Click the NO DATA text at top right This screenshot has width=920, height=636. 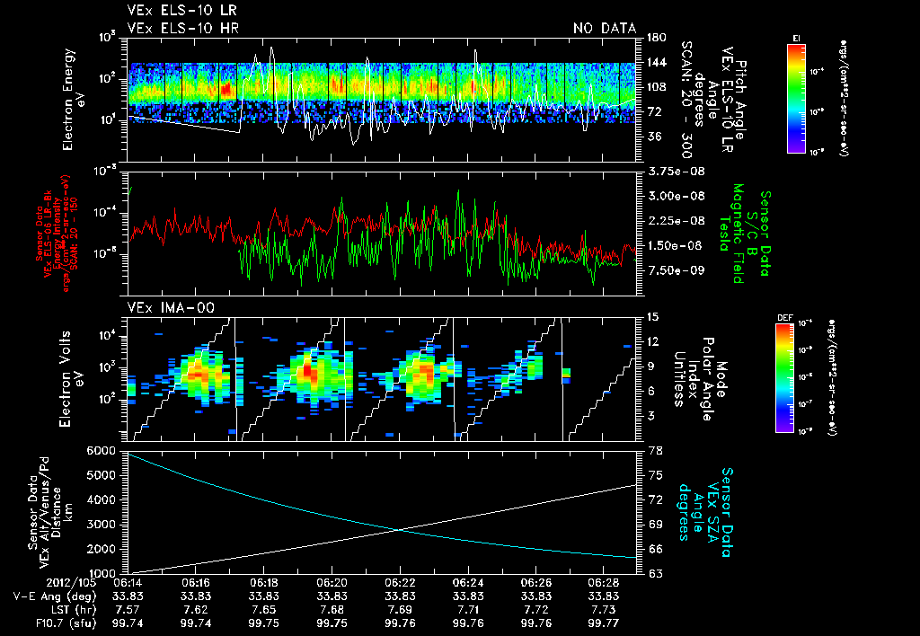pyautogui.click(x=604, y=28)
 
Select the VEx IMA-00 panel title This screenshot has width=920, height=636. pyautogui.click(x=164, y=308)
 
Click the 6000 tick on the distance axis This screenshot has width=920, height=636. pyautogui.click(x=102, y=449)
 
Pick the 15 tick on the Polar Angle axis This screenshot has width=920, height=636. pyautogui.click(x=650, y=316)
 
